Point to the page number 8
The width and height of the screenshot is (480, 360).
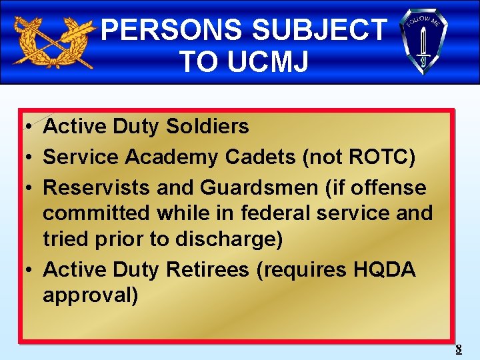click(x=458, y=349)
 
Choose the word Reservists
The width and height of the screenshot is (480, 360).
click(x=97, y=188)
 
